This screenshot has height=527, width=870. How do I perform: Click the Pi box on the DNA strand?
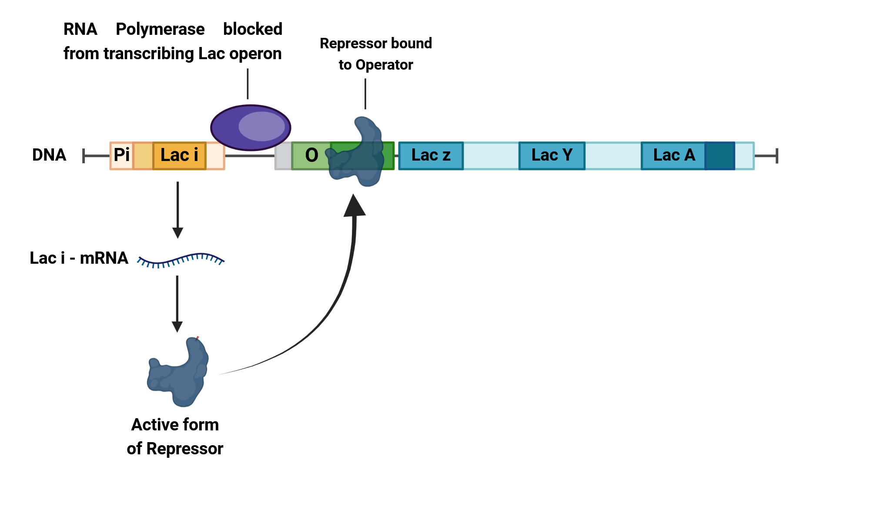(x=121, y=155)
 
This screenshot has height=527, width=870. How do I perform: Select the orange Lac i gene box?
(x=179, y=155)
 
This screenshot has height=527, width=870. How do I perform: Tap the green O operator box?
(x=311, y=155)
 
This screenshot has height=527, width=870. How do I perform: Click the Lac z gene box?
(x=431, y=155)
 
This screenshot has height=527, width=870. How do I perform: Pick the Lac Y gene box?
(x=552, y=155)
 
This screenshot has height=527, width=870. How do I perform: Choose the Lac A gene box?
(x=673, y=155)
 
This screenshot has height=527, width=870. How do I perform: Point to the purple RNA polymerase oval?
(x=251, y=128)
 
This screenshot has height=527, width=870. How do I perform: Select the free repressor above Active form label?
(x=178, y=374)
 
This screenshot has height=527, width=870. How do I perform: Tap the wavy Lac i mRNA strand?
(x=181, y=260)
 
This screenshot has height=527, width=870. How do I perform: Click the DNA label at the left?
(x=49, y=155)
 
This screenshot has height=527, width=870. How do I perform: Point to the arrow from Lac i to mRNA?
(x=177, y=209)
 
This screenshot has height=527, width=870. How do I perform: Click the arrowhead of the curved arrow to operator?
(x=355, y=206)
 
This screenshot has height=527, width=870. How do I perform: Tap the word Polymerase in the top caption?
(x=160, y=30)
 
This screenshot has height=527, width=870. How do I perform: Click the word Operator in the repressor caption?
(x=384, y=65)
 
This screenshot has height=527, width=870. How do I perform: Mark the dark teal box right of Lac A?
(x=719, y=155)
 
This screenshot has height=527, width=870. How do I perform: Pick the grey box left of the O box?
(x=283, y=155)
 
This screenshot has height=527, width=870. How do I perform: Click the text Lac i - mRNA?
(x=79, y=258)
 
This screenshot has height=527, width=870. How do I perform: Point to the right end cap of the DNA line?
(x=776, y=155)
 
